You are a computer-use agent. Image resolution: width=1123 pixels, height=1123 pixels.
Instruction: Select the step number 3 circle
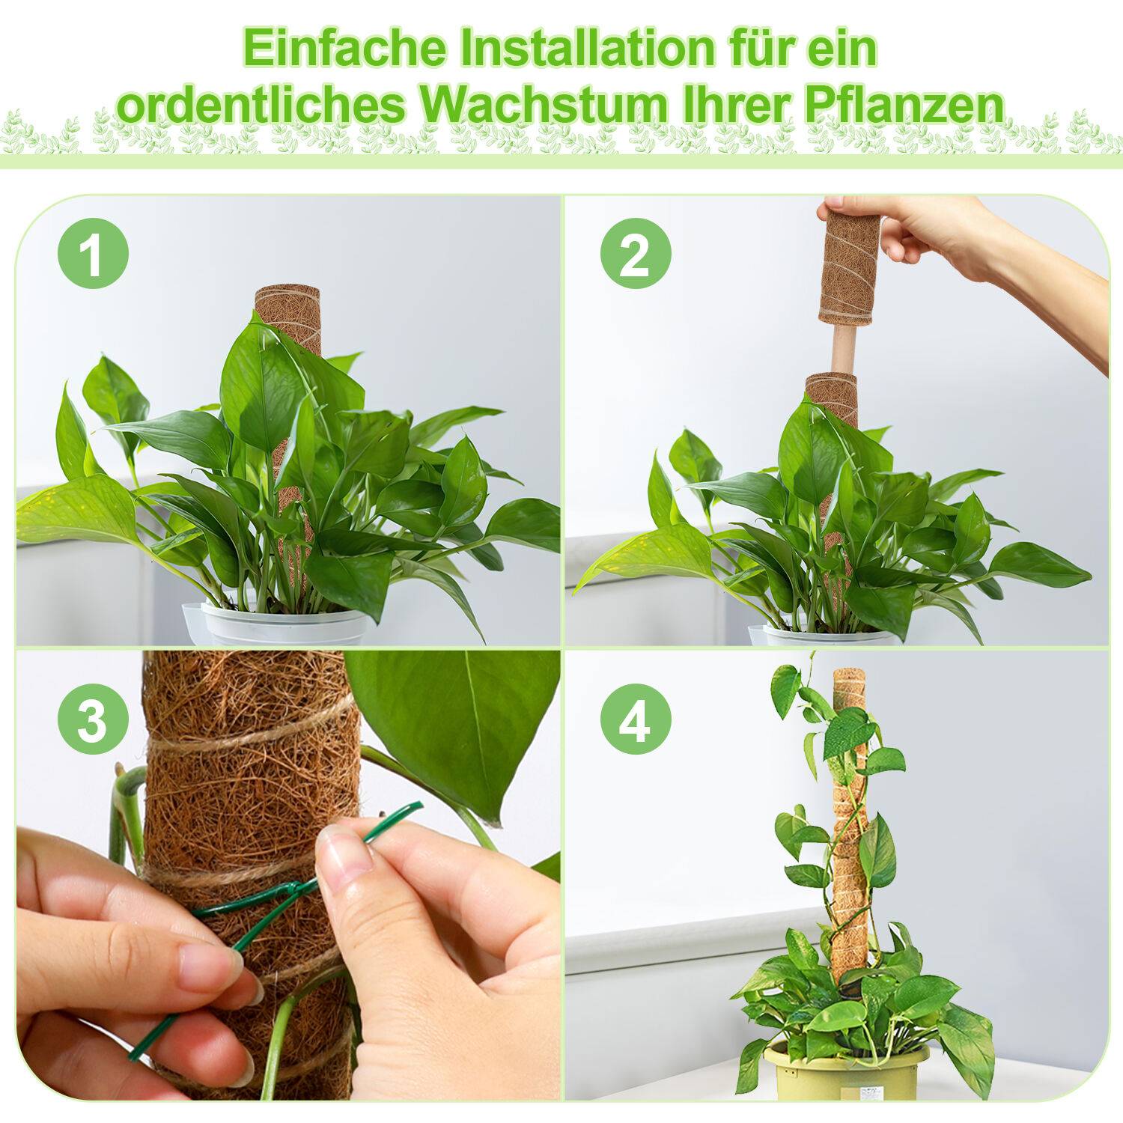(93, 720)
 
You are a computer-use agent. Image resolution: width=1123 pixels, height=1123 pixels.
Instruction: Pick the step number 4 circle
(635, 720)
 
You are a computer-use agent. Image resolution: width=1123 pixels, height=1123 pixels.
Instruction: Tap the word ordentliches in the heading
(261, 106)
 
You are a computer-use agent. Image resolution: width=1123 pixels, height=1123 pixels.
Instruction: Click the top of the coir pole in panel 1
(287, 296)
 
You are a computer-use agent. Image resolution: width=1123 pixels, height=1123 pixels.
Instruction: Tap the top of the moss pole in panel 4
(848, 678)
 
